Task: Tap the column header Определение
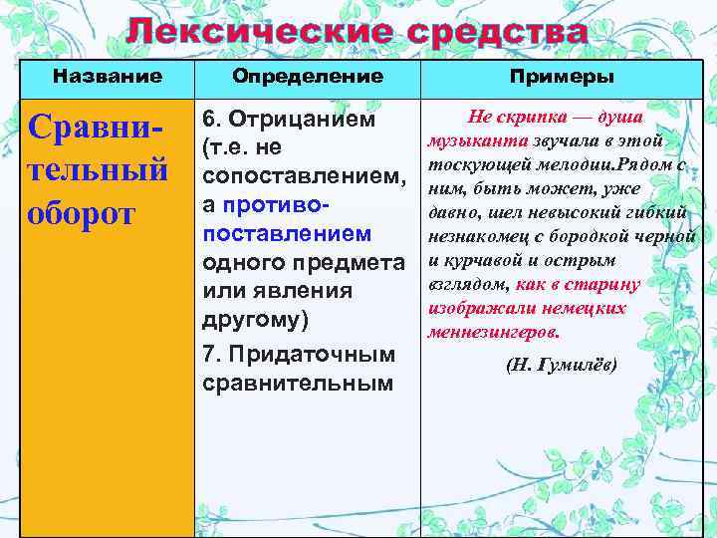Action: click(307, 76)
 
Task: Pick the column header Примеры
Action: click(561, 76)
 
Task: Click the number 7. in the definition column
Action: click(215, 354)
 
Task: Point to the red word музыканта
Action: click(472, 141)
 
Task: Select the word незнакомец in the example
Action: click(476, 237)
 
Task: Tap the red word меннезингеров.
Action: click(494, 332)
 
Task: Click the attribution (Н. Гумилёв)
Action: click(561, 365)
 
